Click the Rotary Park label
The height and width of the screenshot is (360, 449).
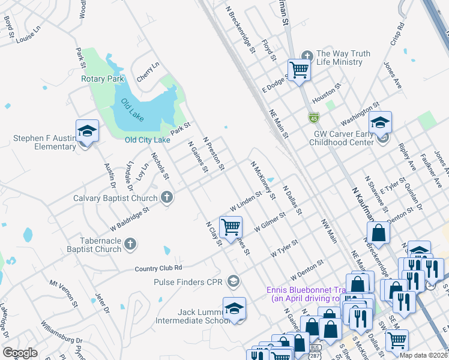pyautogui.click(x=102, y=79)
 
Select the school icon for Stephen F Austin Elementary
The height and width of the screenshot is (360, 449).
pyautogui.click(x=87, y=131)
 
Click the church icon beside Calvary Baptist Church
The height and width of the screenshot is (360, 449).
pyautogui.click(x=167, y=197)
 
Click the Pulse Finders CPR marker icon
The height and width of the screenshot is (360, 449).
pyautogui.click(x=234, y=281)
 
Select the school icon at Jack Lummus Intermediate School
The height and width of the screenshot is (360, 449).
pyautogui.click(x=234, y=308)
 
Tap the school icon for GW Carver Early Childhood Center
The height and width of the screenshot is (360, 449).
pyautogui.click(x=379, y=123)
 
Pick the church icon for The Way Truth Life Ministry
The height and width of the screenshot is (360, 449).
pyautogui.click(x=307, y=57)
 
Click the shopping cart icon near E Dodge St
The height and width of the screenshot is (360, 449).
pyautogui.click(x=299, y=70)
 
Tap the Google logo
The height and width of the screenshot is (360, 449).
pyautogui.click(x=20, y=353)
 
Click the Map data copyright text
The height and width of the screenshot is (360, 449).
pyautogui.click(x=423, y=355)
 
